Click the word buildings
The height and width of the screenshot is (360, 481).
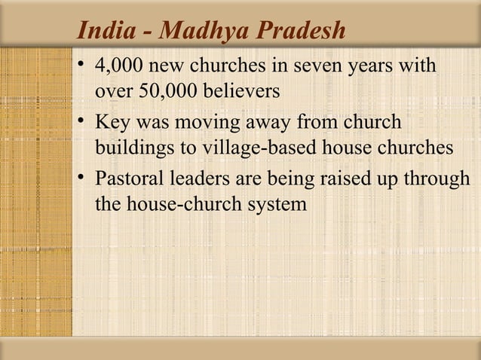tap(133, 148)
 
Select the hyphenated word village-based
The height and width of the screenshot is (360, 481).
tap(255, 148)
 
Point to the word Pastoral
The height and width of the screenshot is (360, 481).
tap(129, 179)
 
